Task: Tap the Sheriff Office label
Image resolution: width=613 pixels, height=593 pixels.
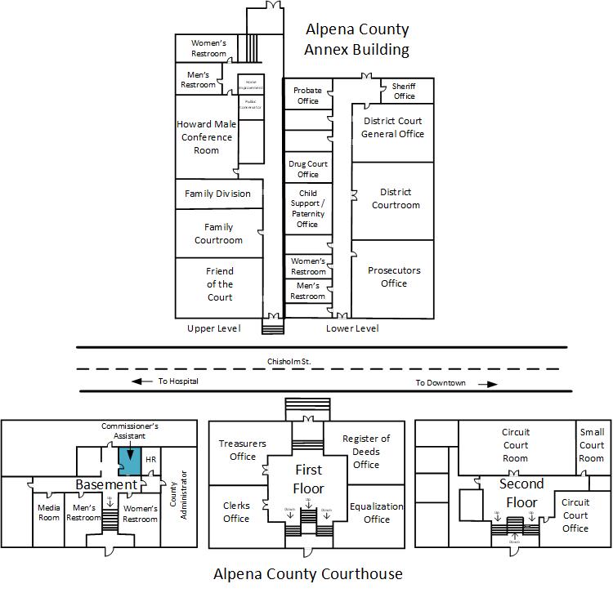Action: pyautogui.click(x=404, y=91)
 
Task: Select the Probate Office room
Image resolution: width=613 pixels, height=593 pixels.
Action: pyautogui.click(x=307, y=96)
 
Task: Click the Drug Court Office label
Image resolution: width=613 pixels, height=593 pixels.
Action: pyautogui.click(x=308, y=169)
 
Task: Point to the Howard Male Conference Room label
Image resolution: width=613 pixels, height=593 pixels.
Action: pyautogui.click(x=206, y=137)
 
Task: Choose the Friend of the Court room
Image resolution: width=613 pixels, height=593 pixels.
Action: pyautogui.click(x=220, y=284)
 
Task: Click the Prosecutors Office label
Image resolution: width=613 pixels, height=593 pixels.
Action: pyautogui.click(x=393, y=277)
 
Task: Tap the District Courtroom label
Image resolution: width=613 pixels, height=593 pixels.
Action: pyautogui.click(x=396, y=198)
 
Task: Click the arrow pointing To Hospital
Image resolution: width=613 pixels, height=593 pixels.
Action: pyautogui.click(x=142, y=381)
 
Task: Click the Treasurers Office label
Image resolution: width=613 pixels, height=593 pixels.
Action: pyautogui.click(x=243, y=450)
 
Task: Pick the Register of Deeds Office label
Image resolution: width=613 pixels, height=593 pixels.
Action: pyautogui.click(x=366, y=452)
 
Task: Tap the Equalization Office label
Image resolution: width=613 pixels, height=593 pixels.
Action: pyautogui.click(x=376, y=512)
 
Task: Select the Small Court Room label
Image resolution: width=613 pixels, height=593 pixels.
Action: pyautogui.click(x=592, y=445)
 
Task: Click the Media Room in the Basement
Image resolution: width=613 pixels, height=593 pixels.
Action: pyautogui.click(x=49, y=513)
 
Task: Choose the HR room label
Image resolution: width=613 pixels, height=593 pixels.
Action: pyautogui.click(x=150, y=460)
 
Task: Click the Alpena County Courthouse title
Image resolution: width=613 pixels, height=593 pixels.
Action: pyautogui.click(x=308, y=573)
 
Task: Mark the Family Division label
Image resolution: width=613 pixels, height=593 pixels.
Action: pyautogui.click(x=217, y=194)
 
